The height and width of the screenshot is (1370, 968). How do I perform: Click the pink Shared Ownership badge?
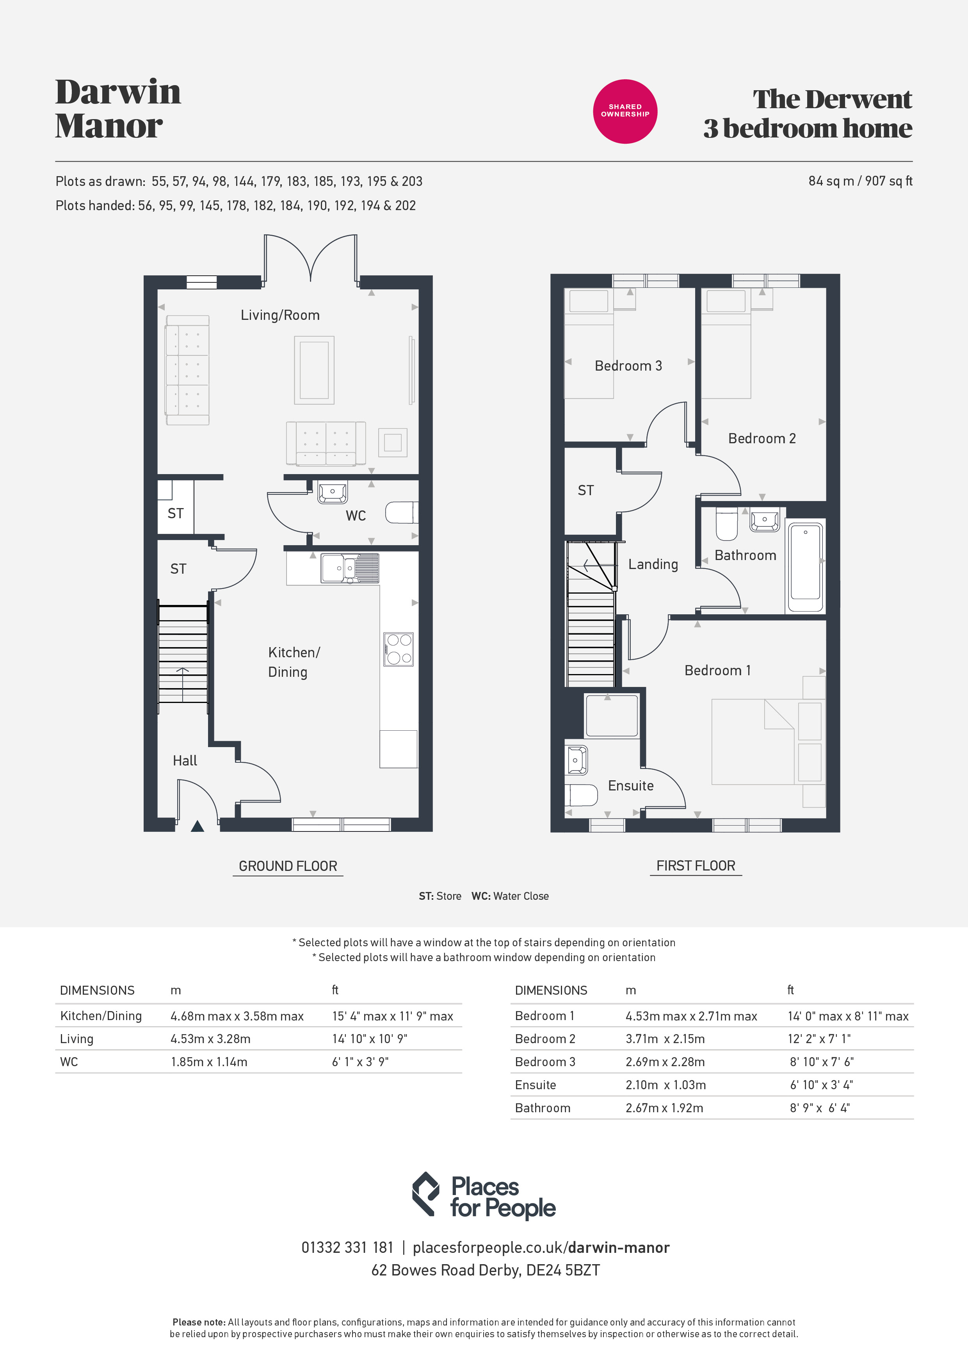coord(625,112)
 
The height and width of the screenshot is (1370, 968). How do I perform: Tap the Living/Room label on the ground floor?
coord(280,315)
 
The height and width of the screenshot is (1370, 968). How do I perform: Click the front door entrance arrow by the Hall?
coord(198,826)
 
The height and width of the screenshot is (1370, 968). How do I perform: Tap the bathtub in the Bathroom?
coord(805,567)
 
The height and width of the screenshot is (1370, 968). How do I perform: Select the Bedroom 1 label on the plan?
coord(717,671)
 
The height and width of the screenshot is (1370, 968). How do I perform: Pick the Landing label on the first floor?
coord(653,564)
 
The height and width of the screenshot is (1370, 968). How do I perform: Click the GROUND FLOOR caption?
coord(288,866)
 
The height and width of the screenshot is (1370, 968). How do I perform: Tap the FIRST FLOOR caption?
coord(696,866)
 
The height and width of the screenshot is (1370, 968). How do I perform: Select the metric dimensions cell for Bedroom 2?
coord(665,1039)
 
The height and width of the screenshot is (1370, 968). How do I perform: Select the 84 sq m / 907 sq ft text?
coord(860,181)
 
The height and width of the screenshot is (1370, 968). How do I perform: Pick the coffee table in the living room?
coord(314,370)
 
